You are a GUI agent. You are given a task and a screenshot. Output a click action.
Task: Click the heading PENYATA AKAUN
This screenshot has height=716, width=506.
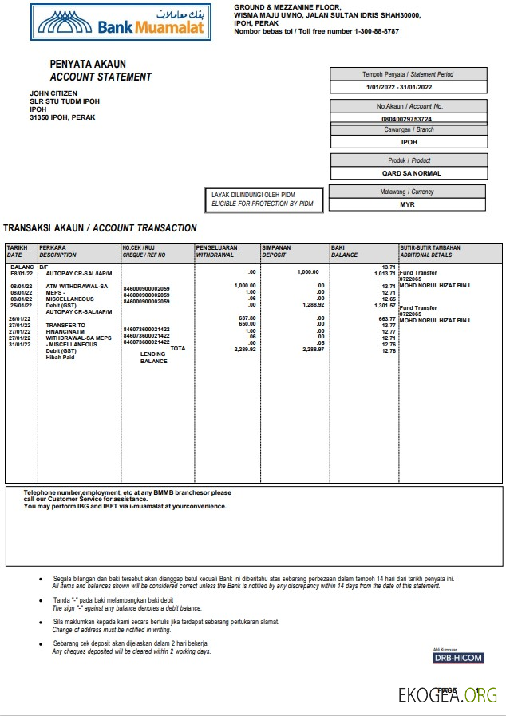pyautogui.click(x=88, y=64)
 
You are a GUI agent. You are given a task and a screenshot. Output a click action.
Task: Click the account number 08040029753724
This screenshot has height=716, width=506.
pyautogui.click(x=407, y=118)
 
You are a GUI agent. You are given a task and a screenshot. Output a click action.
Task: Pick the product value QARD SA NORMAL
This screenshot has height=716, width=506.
pyautogui.click(x=412, y=172)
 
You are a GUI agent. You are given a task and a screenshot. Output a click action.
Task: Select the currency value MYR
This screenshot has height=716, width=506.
pyautogui.click(x=407, y=204)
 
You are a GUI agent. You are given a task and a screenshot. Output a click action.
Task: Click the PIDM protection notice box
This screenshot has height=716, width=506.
pyautogui.click(x=263, y=200)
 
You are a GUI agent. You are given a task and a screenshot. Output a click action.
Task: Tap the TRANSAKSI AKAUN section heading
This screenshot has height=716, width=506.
pyautogui.click(x=100, y=228)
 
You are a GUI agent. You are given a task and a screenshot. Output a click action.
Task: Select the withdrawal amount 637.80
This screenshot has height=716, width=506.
pyautogui.click(x=247, y=318)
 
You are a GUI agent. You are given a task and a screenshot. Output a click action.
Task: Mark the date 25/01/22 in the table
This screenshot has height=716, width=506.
pyautogui.click(x=21, y=305)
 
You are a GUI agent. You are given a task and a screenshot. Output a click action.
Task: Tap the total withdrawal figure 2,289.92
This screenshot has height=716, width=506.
pyautogui.click(x=244, y=350)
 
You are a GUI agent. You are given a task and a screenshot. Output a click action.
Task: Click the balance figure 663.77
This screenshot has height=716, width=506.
pyautogui.click(x=388, y=318)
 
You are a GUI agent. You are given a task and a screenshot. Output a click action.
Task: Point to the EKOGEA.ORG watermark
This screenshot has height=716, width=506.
pyautogui.click(x=449, y=694)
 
